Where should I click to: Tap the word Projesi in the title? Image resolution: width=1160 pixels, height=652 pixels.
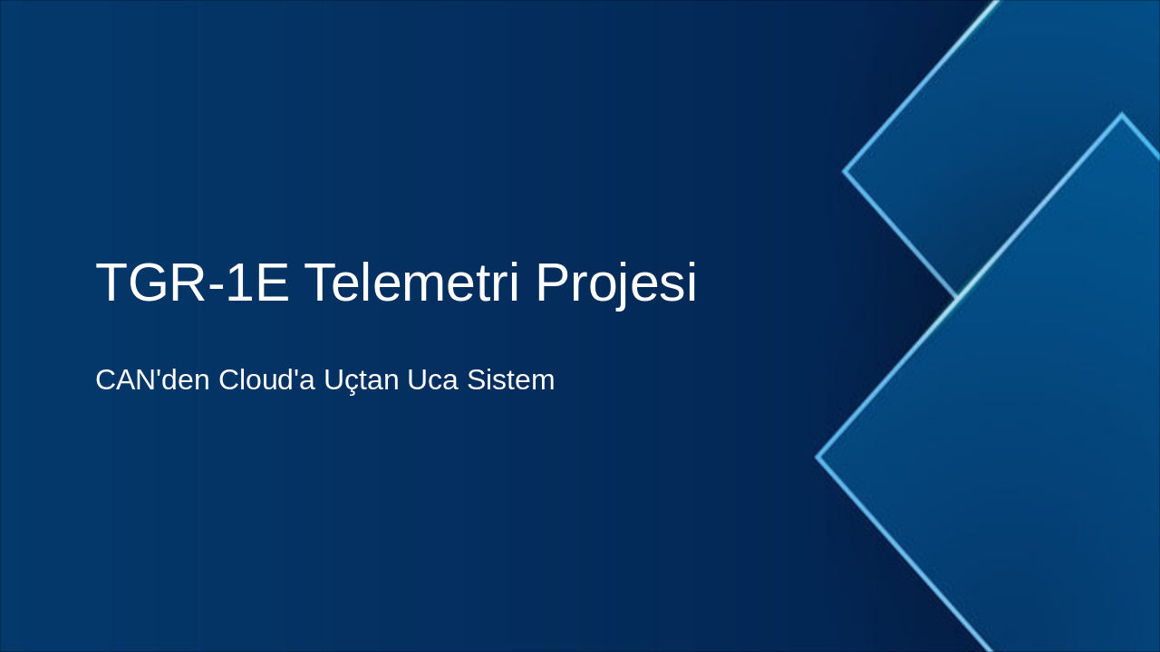click(x=616, y=283)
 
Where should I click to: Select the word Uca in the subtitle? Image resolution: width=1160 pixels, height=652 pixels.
click(x=432, y=380)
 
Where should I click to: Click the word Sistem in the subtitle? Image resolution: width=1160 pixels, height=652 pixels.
click(x=510, y=380)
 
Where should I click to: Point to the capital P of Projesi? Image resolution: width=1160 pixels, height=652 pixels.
click(x=552, y=283)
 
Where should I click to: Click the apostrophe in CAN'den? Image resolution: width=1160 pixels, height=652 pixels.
click(x=160, y=371)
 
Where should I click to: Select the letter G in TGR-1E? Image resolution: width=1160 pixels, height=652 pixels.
click(x=152, y=283)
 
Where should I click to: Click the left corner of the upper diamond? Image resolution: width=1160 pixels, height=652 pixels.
click(x=845, y=170)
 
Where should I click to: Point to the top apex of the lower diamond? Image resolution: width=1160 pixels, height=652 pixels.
click(x=1122, y=115)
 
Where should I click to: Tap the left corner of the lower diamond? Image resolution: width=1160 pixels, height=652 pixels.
click(x=817, y=457)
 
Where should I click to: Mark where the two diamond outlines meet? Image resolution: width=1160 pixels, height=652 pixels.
click(x=958, y=297)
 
